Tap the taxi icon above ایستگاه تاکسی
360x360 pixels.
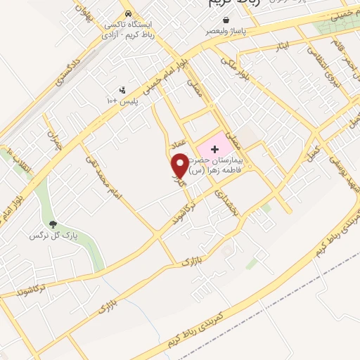point(127,13)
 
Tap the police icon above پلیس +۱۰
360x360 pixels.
point(124,90)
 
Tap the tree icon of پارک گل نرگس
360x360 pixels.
point(54,224)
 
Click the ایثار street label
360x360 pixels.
point(281,46)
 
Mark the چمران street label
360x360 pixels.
point(53,141)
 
